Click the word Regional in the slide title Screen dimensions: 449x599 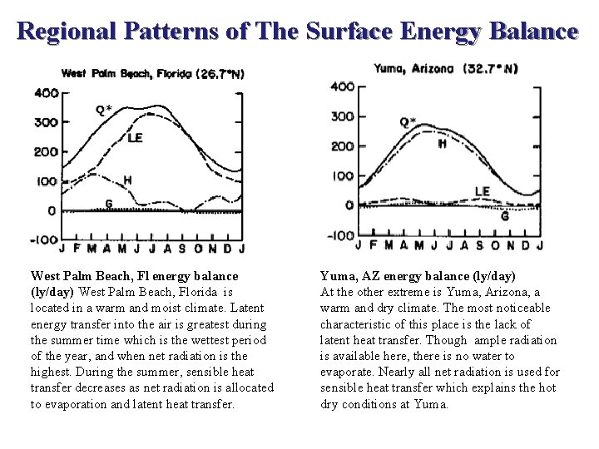tap(67, 32)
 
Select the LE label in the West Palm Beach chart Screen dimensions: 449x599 tap(134, 138)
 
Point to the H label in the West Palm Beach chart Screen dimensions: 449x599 tap(127, 180)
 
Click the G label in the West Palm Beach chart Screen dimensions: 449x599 tap(108, 202)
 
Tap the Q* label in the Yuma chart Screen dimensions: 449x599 tap(408, 122)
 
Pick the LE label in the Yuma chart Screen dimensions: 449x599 tap(483, 191)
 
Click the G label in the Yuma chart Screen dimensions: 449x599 tap(505, 215)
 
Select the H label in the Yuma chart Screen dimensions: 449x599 tap(441, 143)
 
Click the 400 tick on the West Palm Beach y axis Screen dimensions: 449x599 tap(45, 92)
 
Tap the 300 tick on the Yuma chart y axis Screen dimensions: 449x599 tap(342, 116)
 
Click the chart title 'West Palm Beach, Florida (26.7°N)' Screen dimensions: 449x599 tap(150, 73)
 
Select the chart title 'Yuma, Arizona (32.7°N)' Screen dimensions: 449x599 tap(445, 68)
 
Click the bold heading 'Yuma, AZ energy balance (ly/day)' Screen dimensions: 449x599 tap(418, 275)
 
